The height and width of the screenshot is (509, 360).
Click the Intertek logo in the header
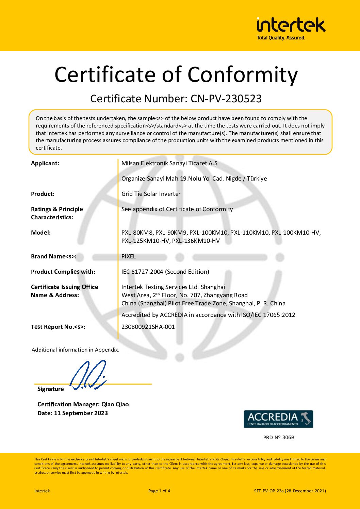click(x=291, y=25)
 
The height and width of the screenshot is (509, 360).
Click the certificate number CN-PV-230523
click(x=226, y=99)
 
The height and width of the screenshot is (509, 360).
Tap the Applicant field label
click(x=45, y=163)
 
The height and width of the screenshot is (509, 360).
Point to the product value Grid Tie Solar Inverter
click(x=151, y=194)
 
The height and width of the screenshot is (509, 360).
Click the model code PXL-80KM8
click(x=137, y=233)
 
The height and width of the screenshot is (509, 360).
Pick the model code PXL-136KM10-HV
click(x=196, y=241)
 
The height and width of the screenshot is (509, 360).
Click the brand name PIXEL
click(x=128, y=256)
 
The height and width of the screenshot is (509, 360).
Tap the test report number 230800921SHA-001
click(x=148, y=327)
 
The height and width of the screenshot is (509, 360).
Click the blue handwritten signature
click(x=88, y=375)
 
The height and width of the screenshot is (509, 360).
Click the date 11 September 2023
click(x=81, y=413)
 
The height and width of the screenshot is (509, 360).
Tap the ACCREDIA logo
click(x=278, y=419)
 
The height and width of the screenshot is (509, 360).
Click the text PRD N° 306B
click(x=279, y=437)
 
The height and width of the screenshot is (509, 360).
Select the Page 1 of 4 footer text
click(x=159, y=491)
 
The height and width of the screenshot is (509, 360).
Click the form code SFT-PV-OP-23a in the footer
click(x=269, y=491)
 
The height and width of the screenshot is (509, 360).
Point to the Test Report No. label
click(x=58, y=327)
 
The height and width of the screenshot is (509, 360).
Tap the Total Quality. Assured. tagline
click(x=281, y=38)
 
